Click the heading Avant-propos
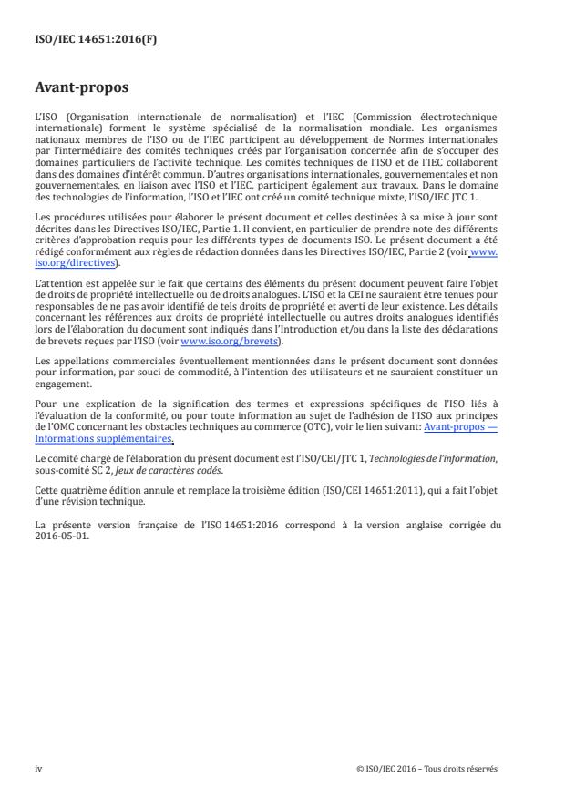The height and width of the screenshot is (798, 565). pyautogui.click(x=81, y=89)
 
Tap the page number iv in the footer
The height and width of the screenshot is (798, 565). pyautogui.click(x=38, y=768)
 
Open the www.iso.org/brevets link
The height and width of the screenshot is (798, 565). pyautogui.click(x=231, y=367)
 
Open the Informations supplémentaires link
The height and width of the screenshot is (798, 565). pyautogui.click(x=90, y=438)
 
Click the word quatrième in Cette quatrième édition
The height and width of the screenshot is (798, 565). pyautogui.click(x=84, y=490)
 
